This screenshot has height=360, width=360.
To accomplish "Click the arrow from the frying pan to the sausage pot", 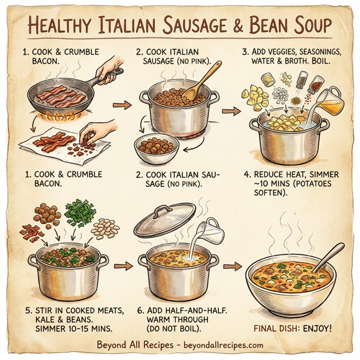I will pyautogui.click(x=122, y=106).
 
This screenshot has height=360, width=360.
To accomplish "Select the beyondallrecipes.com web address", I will pyautogui.click(x=220, y=346).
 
